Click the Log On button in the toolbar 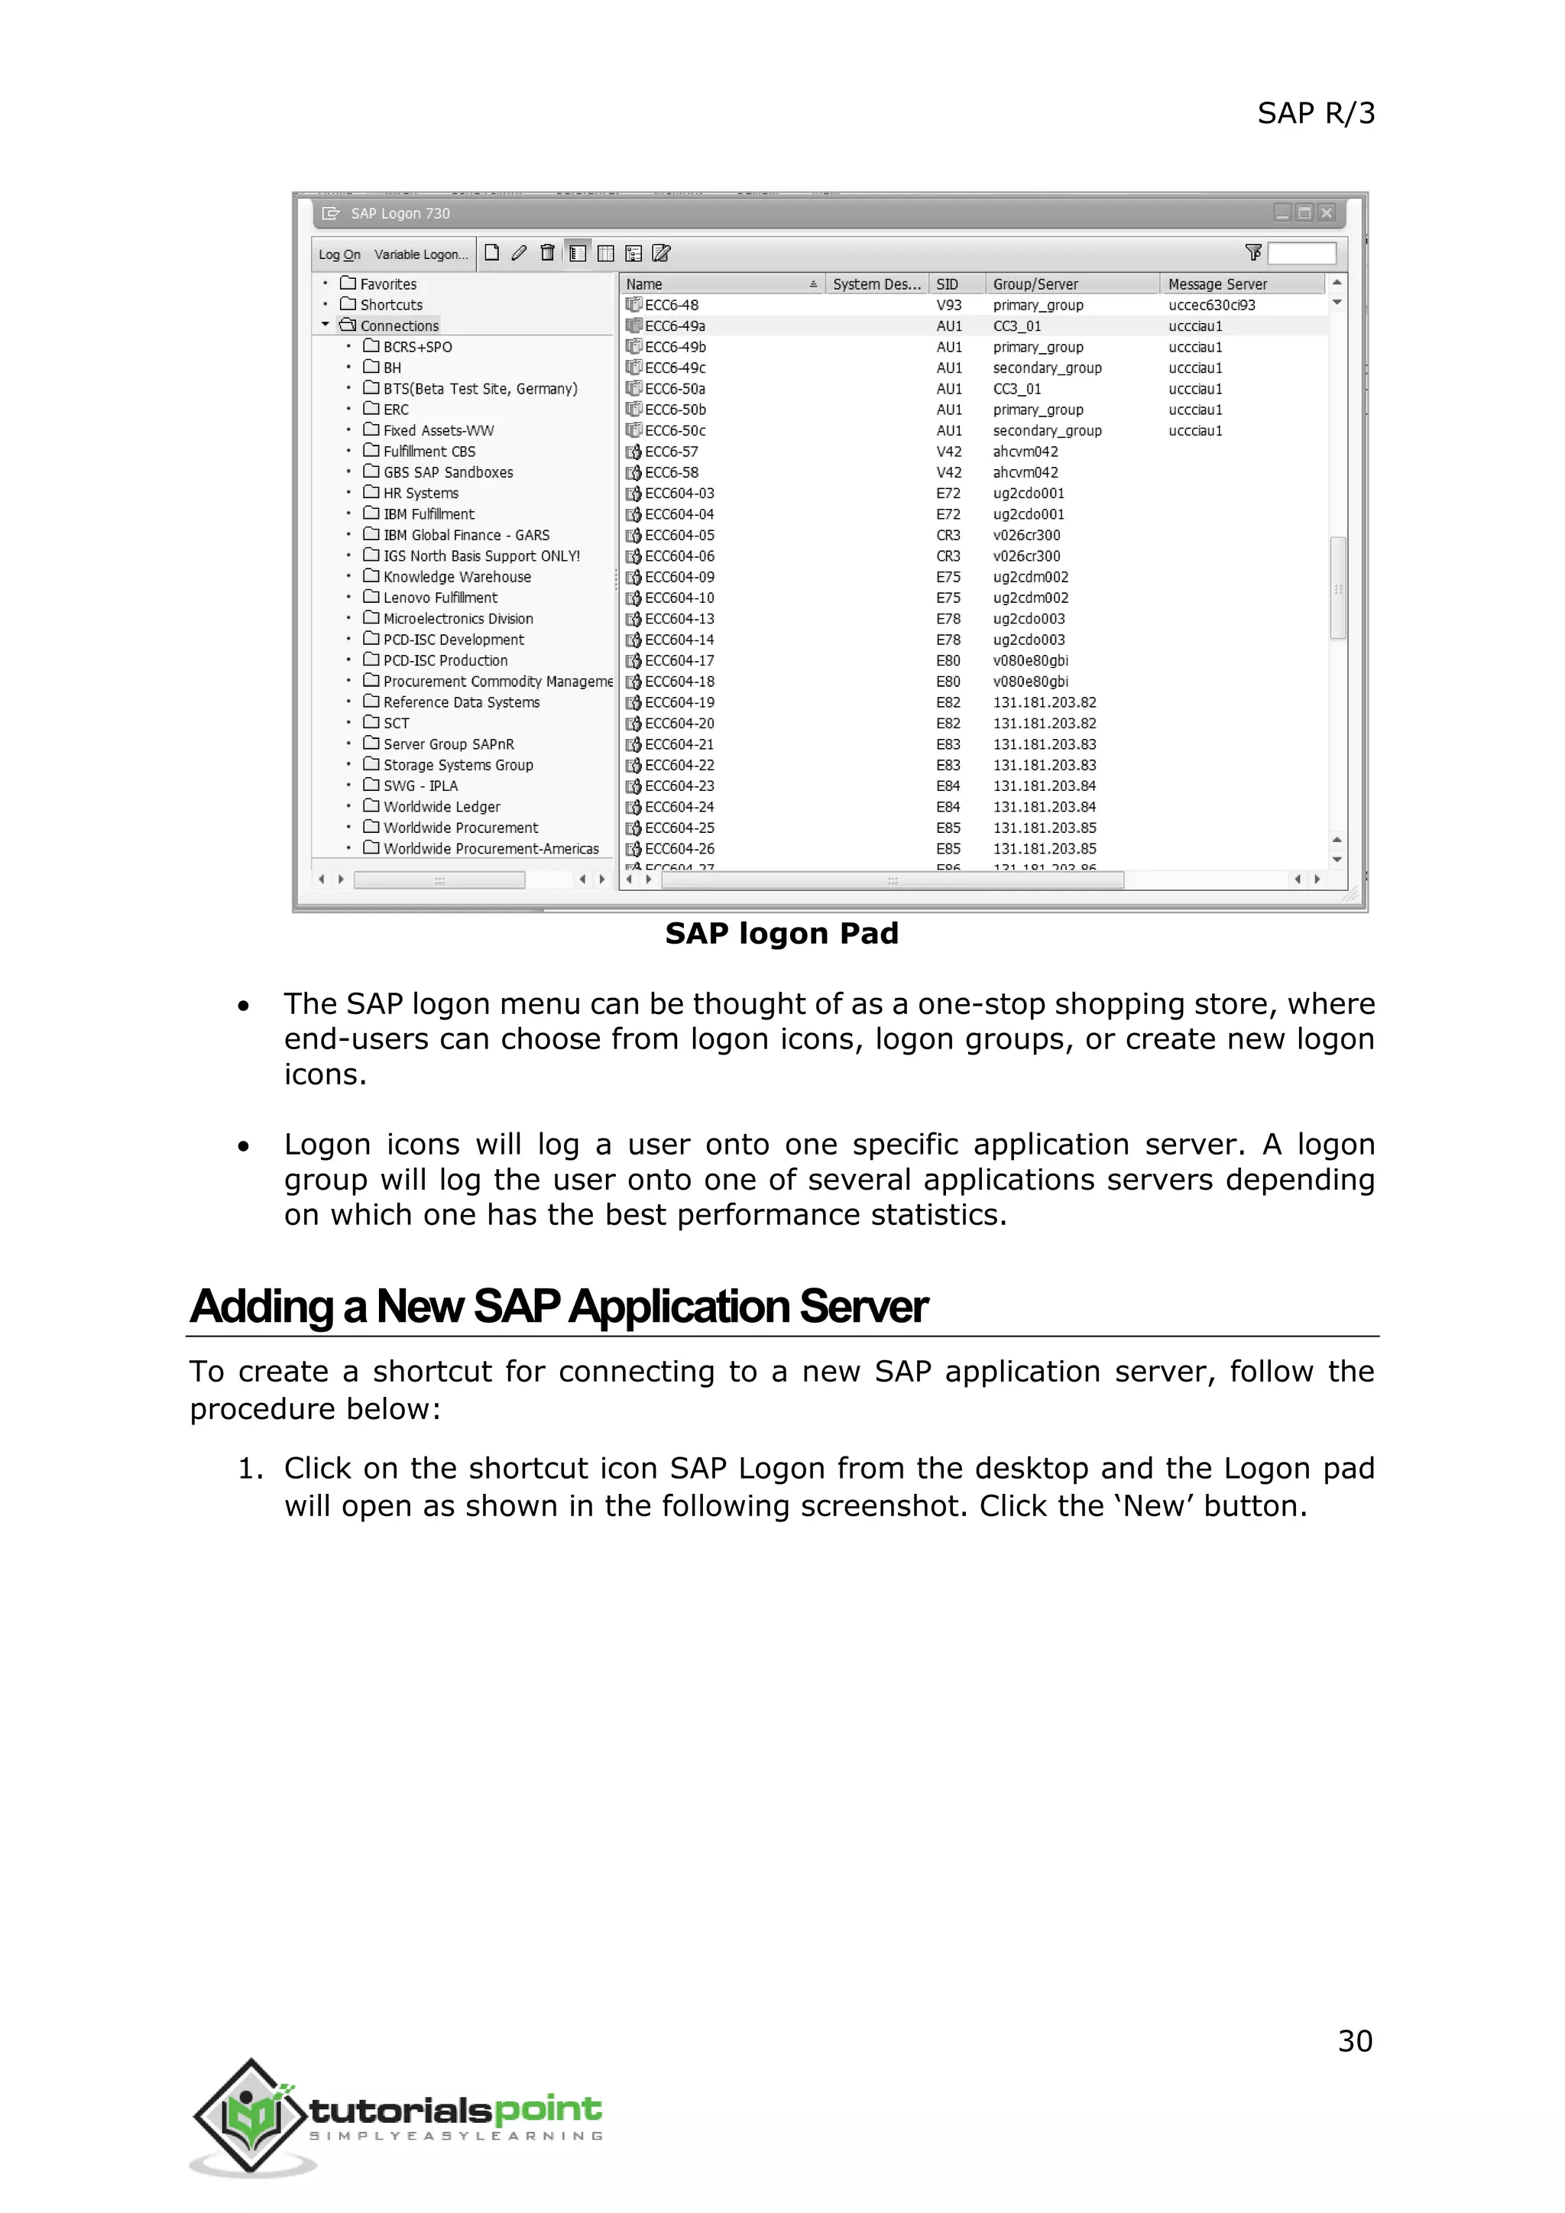(339, 254)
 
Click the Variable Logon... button (420, 254)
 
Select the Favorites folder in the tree (387, 284)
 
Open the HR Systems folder (420, 494)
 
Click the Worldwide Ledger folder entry (442, 807)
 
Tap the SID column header (948, 284)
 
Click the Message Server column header (1217, 284)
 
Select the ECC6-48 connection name (671, 306)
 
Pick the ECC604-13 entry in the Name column (679, 619)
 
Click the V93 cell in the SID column (948, 306)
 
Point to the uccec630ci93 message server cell (1211, 306)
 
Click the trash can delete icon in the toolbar (547, 254)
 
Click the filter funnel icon (1252, 252)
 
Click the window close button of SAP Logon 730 (1327, 213)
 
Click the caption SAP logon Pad (782, 933)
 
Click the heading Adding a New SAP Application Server (558, 1307)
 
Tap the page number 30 (1354, 2041)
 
